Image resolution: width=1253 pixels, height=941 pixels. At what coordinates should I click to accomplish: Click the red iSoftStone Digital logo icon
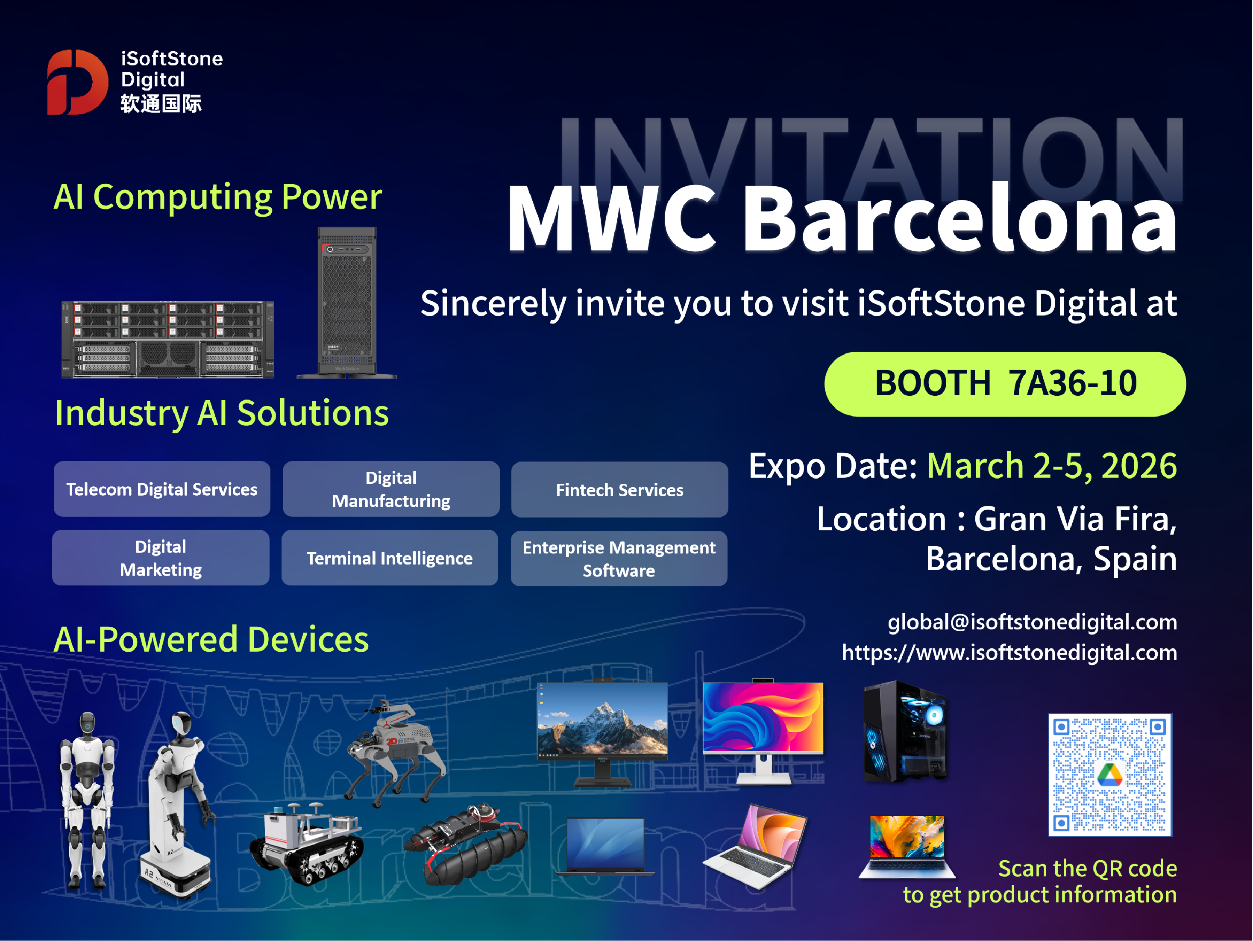click(x=77, y=82)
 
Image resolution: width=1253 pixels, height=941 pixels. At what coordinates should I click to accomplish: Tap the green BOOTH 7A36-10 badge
click(x=1005, y=384)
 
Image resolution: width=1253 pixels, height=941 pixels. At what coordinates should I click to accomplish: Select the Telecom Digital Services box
click(x=162, y=489)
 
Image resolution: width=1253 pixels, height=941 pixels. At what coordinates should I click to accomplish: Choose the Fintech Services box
click(x=620, y=489)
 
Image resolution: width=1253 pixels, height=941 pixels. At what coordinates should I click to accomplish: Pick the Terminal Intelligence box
click(x=390, y=558)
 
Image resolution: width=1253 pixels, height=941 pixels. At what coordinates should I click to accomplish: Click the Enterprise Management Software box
click(x=619, y=559)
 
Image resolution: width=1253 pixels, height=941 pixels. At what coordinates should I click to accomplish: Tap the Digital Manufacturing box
click(x=391, y=489)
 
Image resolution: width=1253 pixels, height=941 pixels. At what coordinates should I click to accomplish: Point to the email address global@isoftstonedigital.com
click(x=1032, y=622)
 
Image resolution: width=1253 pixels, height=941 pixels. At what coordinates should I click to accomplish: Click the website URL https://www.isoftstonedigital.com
click(x=1009, y=653)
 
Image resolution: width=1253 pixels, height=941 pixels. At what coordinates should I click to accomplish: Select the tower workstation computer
click(x=346, y=303)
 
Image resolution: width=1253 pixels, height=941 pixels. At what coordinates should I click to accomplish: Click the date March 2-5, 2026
click(x=1052, y=466)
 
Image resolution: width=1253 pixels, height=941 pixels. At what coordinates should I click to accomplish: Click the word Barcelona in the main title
click(x=960, y=219)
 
